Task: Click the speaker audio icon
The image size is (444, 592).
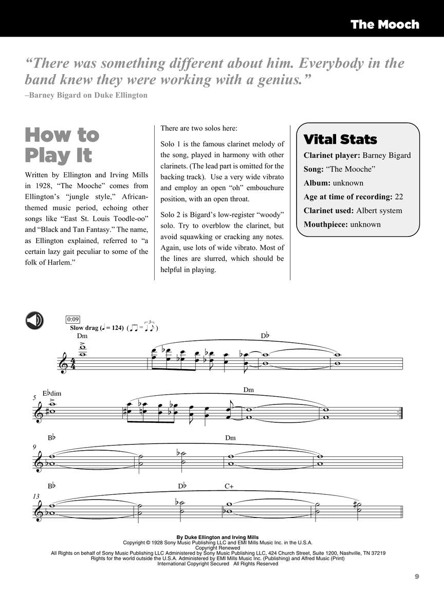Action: click(x=34, y=321)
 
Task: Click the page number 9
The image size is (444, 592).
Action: click(x=417, y=577)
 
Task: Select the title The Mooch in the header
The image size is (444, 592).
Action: click(x=384, y=24)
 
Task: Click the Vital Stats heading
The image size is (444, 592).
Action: click(x=340, y=139)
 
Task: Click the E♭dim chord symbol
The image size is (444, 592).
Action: click(x=53, y=394)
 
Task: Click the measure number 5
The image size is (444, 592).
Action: click(x=34, y=397)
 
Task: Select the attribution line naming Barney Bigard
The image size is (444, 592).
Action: click(x=86, y=95)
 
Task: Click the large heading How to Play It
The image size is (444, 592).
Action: click(x=62, y=144)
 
